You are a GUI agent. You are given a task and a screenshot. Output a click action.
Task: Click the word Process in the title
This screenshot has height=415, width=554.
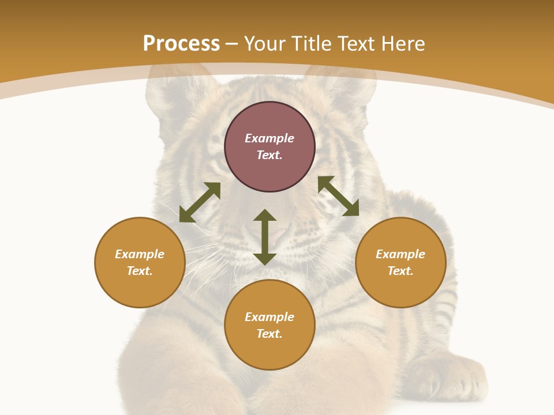(x=181, y=44)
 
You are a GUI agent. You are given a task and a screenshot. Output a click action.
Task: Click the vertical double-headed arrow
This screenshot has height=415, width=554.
(x=265, y=237)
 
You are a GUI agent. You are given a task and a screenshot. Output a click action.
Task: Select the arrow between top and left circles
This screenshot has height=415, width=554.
(x=200, y=202)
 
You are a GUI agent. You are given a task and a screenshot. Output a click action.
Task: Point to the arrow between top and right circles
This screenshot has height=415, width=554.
(x=338, y=196)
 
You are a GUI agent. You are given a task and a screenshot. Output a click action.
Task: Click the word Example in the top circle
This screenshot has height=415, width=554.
(x=269, y=138)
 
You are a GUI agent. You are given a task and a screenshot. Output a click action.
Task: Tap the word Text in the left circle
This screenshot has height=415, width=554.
(x=139, y=271)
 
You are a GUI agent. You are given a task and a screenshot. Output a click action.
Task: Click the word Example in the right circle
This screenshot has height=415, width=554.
(x=400, y=254)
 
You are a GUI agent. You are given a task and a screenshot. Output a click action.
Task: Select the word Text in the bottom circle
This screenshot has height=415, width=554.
(x=269, y=334)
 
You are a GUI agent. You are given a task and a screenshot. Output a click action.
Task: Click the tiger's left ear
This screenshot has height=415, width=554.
(x=167, y=92)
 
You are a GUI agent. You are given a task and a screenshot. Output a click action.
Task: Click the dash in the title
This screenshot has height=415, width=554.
(x=232, y=44)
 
